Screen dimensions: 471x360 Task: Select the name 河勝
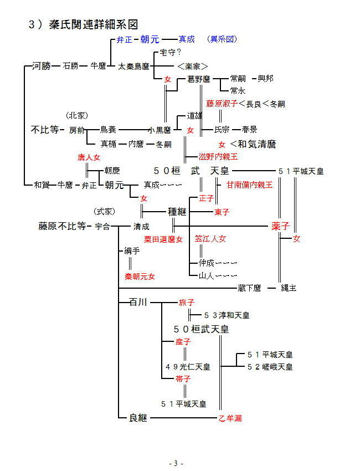pos(42,66)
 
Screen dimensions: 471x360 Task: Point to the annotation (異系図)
pos(222,39)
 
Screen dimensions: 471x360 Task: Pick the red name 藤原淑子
pos(222,104)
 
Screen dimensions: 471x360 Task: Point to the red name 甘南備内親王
pos(249,185)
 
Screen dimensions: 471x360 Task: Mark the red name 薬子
pos(281,226)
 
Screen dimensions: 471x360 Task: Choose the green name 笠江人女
pos(210,239)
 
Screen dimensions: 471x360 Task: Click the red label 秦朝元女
pos(140,276)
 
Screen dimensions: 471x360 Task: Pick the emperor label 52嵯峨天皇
pos(270,366)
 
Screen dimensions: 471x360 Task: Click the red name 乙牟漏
pos(230,418)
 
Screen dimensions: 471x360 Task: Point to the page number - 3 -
pos(176,463)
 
